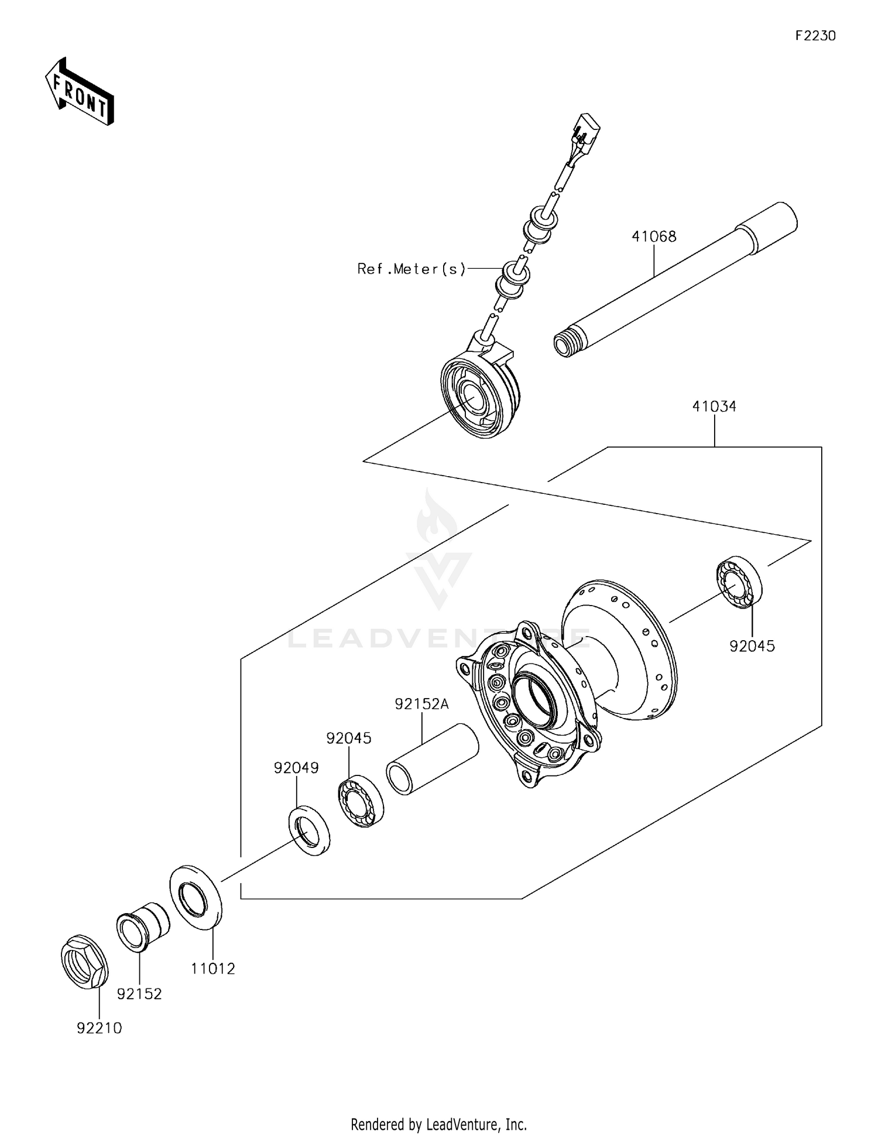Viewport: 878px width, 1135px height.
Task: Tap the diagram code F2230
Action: point(815,36)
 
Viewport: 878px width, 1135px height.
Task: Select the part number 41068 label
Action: point(654,237)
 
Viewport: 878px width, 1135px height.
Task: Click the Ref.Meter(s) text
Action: point(411,269)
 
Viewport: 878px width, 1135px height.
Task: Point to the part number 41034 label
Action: point(714,406)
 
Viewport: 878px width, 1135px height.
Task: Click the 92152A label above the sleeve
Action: point(421,704)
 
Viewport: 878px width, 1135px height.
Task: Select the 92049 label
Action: point(296,768)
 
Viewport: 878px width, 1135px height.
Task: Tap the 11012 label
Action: point(212,969)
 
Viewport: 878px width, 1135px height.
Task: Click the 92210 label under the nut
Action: point(100,1028)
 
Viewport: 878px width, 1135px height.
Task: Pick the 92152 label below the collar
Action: point(139,994)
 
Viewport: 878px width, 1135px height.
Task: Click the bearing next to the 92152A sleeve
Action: point(361,801)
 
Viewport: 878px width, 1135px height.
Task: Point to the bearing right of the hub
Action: point(739,583)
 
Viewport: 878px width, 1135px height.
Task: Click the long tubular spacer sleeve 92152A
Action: point(433,759)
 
